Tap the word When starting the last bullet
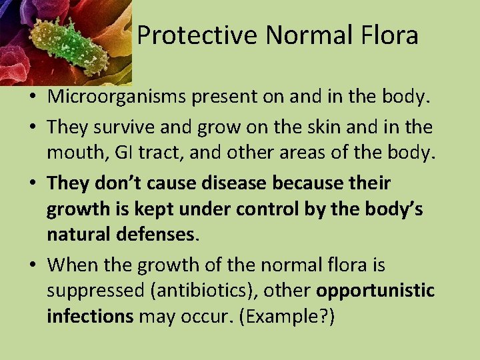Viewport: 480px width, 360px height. (72, 265)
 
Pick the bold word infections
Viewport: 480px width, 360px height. (90, 316)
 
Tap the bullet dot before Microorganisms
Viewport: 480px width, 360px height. (32, 98)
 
